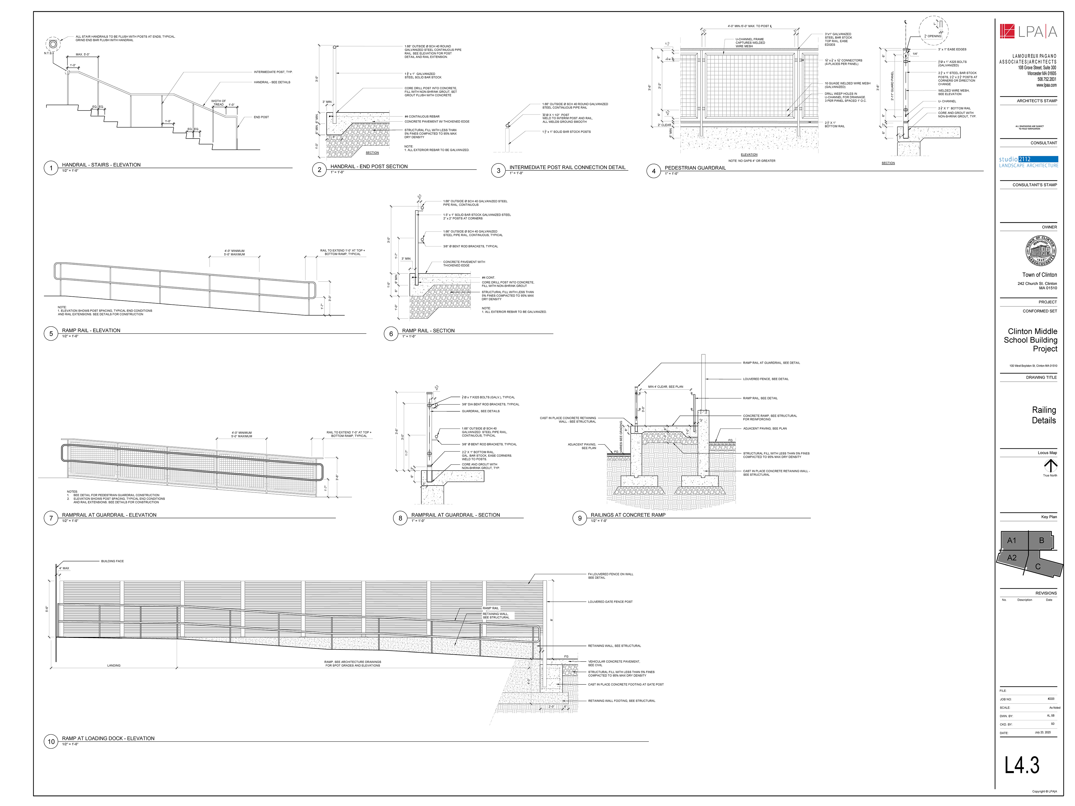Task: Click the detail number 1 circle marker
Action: (51, 168)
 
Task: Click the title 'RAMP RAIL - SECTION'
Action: (428, 330)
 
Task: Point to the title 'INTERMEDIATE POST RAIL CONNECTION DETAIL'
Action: (567, 167)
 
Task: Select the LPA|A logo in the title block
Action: (1028, 32)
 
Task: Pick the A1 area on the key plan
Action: (1012, 540)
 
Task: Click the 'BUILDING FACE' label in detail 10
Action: (112, 561)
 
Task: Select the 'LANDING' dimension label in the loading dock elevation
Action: (114, 666)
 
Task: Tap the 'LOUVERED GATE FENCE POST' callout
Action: (610, 601)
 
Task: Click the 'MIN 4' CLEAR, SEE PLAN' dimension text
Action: (665, 387)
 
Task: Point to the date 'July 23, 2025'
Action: (1043, 732)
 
